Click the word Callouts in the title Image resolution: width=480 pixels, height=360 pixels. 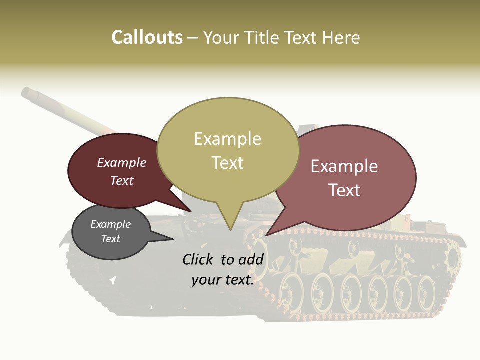click(x=147, y=37)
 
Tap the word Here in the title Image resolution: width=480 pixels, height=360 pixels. click(x=341, y=37)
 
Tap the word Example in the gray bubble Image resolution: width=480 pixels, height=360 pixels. click(x=110, y=224)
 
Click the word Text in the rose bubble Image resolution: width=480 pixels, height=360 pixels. click(x=344, y=190)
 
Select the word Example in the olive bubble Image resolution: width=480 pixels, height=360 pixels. click(x=227, y=139)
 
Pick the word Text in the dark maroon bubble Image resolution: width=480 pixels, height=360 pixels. click(x=122, y=180)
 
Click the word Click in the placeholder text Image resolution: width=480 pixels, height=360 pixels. click(x=198, y=259)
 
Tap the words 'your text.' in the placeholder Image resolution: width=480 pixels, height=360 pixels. click(x=223, y=280)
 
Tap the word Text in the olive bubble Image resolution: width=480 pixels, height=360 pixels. click(x=228, y=163)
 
